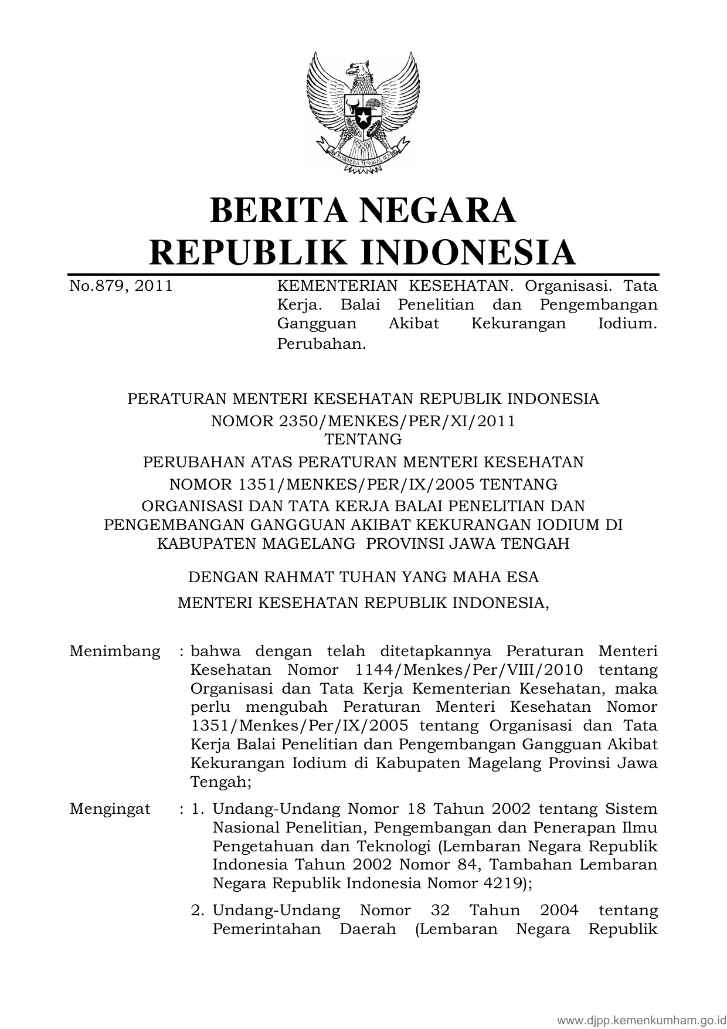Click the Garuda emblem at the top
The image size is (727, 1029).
363,111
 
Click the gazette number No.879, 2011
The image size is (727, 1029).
121,286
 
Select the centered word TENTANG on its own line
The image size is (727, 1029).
363,439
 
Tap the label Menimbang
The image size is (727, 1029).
114,651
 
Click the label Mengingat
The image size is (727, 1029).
110,809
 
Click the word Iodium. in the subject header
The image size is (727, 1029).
627,324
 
